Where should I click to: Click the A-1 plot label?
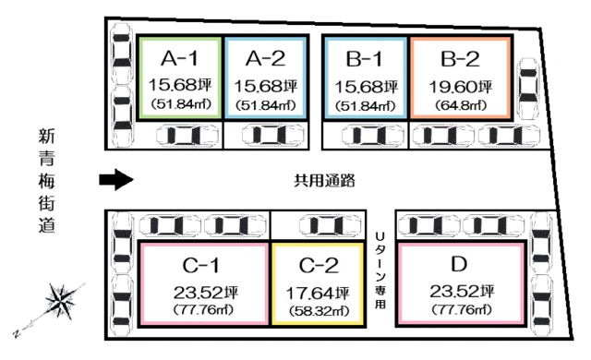pyautogui.click(x=179, y=59)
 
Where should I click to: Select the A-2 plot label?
pyautogui.click(x=265, y=59)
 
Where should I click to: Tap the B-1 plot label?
pyautogui.click(x=364, y=59)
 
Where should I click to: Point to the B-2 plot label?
pyautogui.click(x=460, y=59)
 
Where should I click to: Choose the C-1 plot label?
pyautogui.click(x=201, y=266)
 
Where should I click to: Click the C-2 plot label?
pyautogui.click(x=319, y=266)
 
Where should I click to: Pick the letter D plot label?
pyautogui.click(x=459, y=264)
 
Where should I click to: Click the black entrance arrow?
pyautogui.click(x=116, y=180)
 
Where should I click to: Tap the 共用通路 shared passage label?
pyautogui.click(x=324, y=181)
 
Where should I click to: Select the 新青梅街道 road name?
pyautogui.click(x=47, y=181)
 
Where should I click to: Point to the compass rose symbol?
pyautogui.click(x=60, y=301)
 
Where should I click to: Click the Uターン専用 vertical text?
pyautogui.click(x=380, y=270)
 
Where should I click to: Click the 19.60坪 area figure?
pyautogui.click(x=461, y=87)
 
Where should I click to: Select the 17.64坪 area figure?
pyautogui.click(x=318, y=294)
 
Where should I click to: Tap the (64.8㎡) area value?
pyautogui.click(x=461, y=105)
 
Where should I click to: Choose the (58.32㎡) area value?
pyautogui.click(x=319, y=311)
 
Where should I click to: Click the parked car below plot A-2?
pyautogui.click(x=272, y=135)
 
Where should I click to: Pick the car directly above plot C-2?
pyautogui.click(x=330, y=225)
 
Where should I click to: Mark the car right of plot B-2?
pyautogui.click(x=528, y=89)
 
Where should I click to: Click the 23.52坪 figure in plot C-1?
pyautogui.click(x=206, y=293)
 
